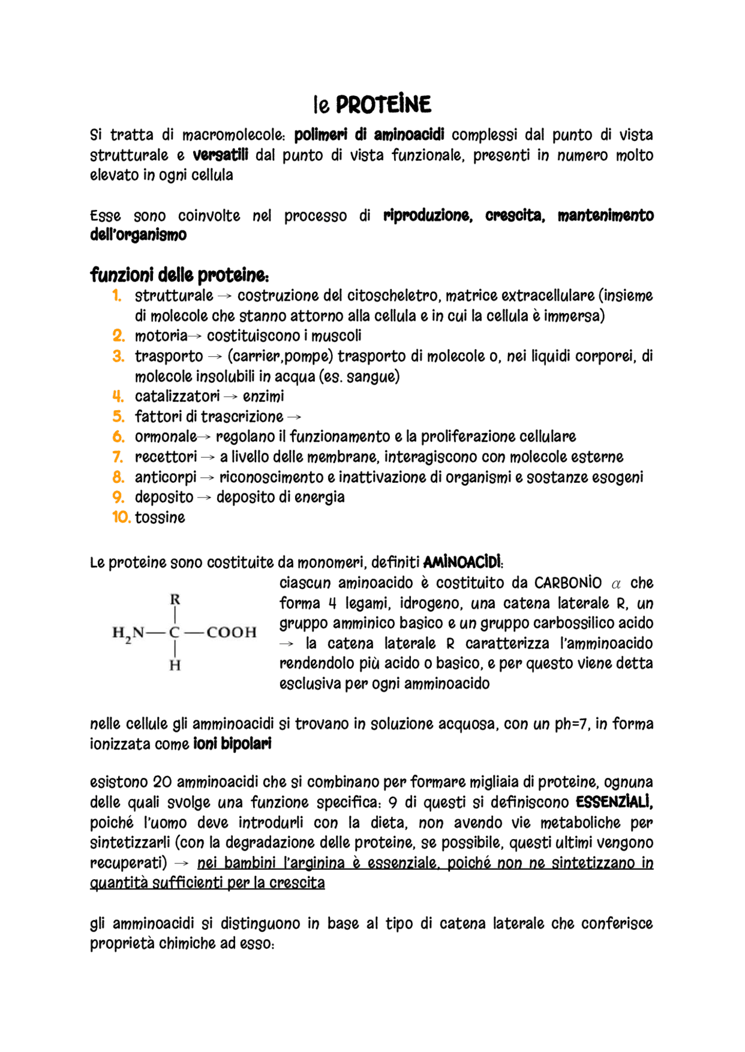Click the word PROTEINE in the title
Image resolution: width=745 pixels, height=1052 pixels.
(x=384, y=105)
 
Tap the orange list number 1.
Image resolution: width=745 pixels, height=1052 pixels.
(x=116, y=296)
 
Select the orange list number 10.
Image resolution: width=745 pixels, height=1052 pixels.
(x=121, y=517)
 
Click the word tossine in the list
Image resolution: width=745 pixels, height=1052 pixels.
(x=160, y=517)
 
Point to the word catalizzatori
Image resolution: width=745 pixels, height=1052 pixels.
(x=177, y=396)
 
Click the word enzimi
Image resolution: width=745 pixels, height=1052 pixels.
(x=263, y=396)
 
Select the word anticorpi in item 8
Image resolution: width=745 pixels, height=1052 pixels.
(x=166, y=477)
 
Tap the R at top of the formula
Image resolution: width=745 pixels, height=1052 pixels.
(x=175, y=599)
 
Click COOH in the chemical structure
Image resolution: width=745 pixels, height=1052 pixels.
(x=231, y=632)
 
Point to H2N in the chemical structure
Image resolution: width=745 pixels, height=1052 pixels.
(x=128, y=632)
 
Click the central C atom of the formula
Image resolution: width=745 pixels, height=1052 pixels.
(x=175, y=632)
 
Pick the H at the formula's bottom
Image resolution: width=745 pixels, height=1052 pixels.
(x=175, y=665)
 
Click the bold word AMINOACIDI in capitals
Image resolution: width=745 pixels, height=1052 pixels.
(x=462, y=563)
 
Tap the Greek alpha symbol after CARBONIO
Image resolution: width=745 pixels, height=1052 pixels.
(x=616, y=584)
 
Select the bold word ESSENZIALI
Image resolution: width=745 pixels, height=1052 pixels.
(x=614, y=802)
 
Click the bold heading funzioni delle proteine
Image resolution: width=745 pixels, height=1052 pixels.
(x=179, y=275)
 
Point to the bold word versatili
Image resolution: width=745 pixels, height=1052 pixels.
(x=220, y=155)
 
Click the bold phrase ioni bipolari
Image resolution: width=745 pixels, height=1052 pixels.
(x=232, y=744)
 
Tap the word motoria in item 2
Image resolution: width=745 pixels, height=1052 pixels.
(x=161, y=336)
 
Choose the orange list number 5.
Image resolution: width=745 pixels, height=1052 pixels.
(x=118, y=417)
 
